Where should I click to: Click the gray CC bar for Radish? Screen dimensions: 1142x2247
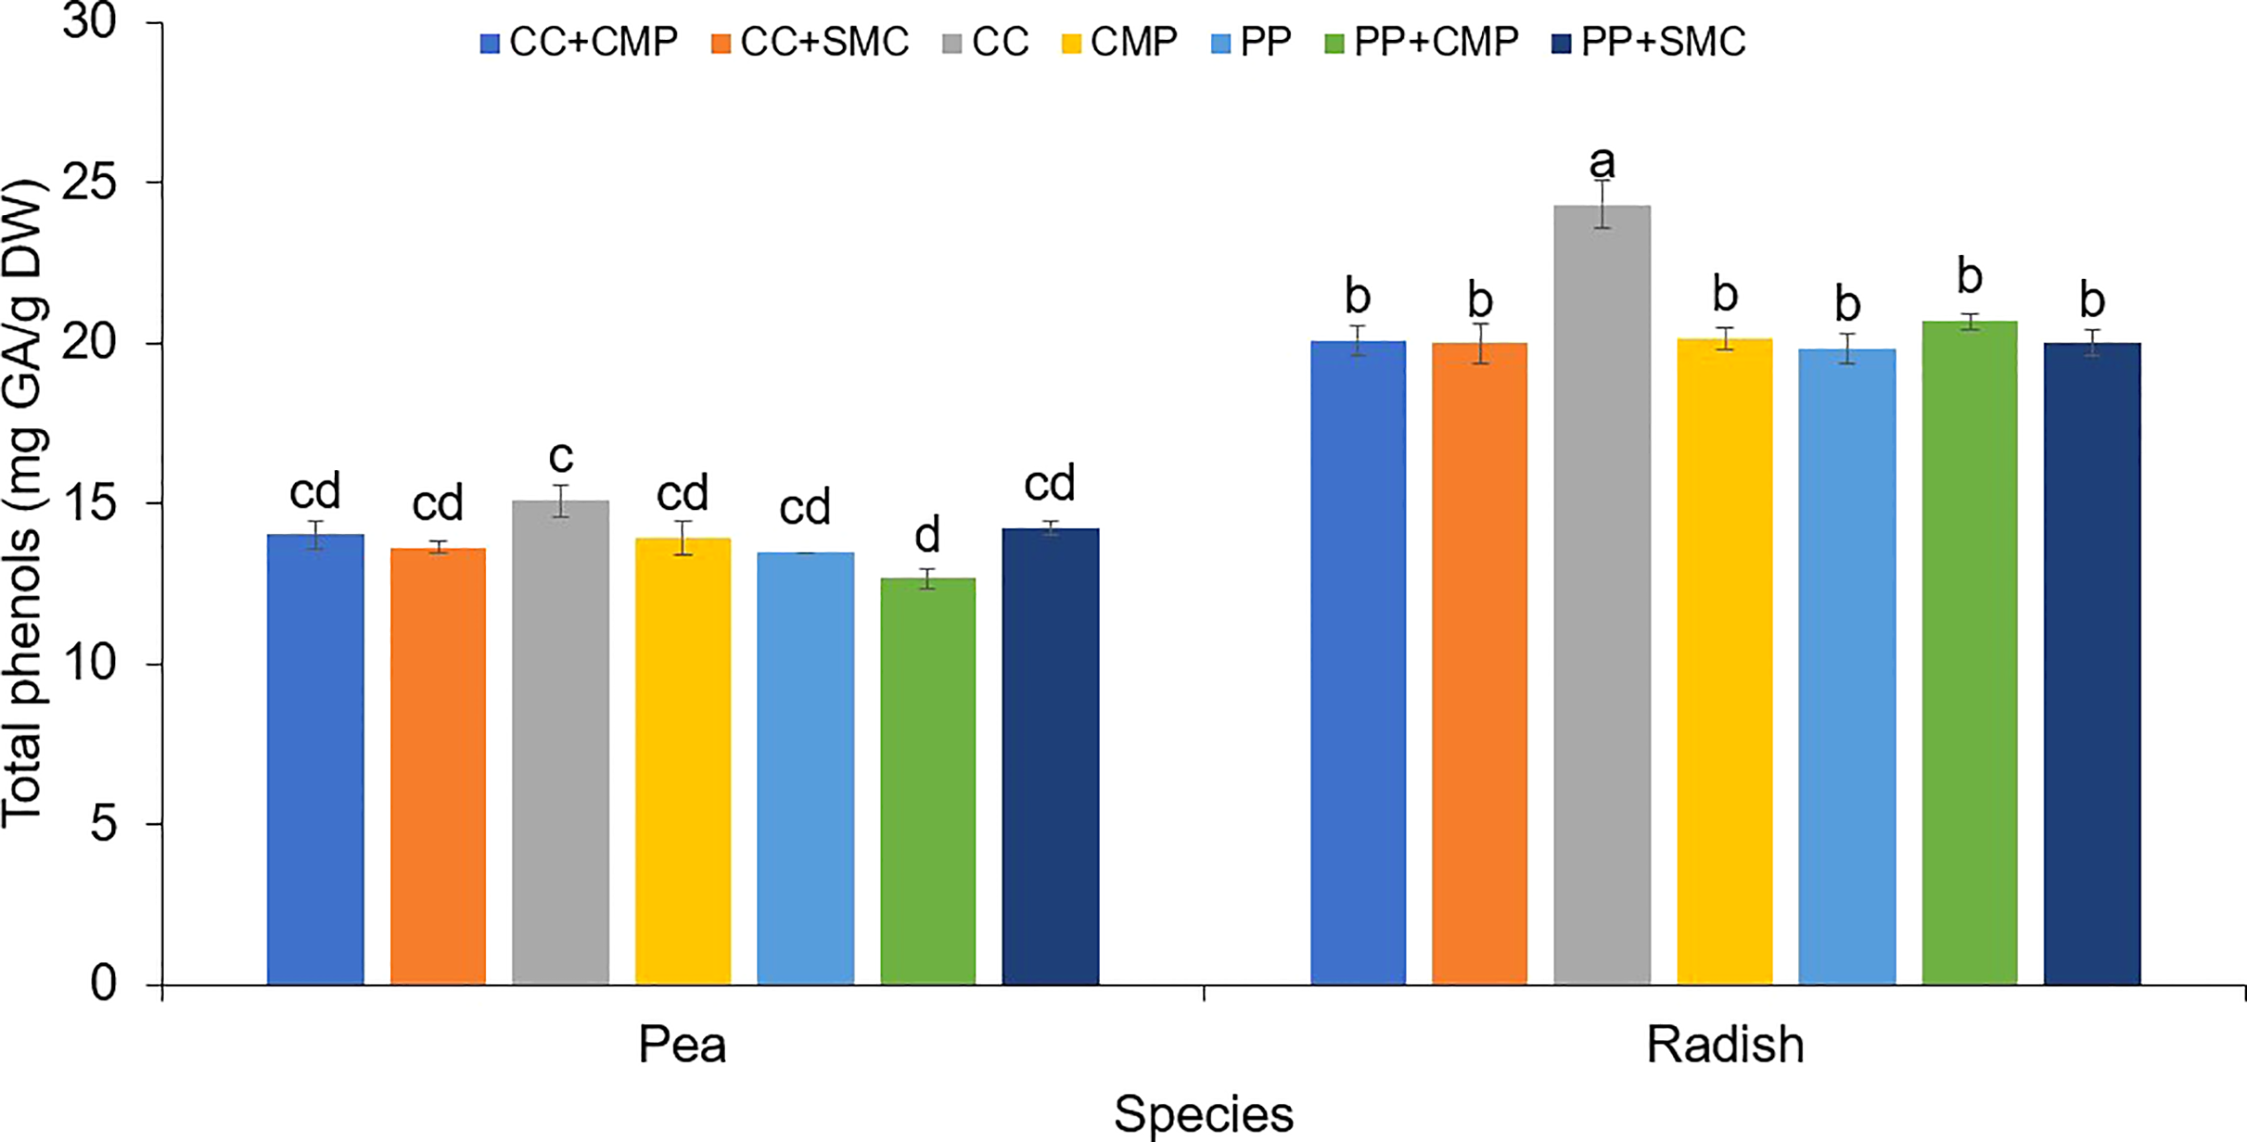1602,595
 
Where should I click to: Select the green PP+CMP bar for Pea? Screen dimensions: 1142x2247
928,780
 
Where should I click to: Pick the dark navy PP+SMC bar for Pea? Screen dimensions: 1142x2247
1050,757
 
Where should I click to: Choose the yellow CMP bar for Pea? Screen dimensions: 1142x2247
683,761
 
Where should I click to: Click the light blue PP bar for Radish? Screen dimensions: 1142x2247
1846,666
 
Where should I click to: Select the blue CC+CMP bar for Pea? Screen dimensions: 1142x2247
315,759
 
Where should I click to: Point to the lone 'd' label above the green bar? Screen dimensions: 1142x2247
928,535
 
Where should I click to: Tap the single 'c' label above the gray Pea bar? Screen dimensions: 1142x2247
560,458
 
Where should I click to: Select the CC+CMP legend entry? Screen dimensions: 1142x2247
579,43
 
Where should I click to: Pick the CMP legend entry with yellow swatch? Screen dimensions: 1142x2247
1120,43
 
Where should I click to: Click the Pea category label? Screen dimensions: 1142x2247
682,1045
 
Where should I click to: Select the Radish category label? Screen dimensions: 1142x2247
1725,1045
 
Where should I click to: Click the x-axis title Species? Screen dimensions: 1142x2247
1203,1113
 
